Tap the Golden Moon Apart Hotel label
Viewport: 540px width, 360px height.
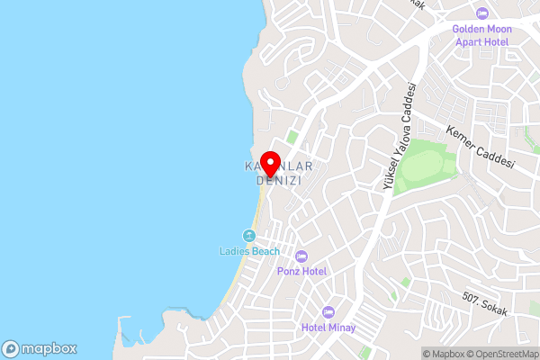(x=481, y=35)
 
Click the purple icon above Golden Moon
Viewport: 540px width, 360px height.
(x=481, y=13)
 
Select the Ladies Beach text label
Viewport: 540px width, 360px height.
(x=249, y=251)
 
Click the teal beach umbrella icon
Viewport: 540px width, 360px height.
(x=250, y=236)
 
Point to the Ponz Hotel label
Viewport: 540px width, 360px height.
(x=301, y=271)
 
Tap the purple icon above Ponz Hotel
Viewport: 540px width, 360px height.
(x=301, y=256)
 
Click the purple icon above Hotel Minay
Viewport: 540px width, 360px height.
(x=328, y=311)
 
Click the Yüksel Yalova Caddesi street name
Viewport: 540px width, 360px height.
(x=400, y=135)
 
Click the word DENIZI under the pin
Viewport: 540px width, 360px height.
(x=278, y=180)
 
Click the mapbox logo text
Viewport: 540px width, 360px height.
(x=49, y=349)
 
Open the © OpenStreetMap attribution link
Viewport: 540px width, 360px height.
(x=500, y=354)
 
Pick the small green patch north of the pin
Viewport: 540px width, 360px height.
(x=292, y=137)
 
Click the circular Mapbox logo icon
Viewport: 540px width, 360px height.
(x=12, y=349)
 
